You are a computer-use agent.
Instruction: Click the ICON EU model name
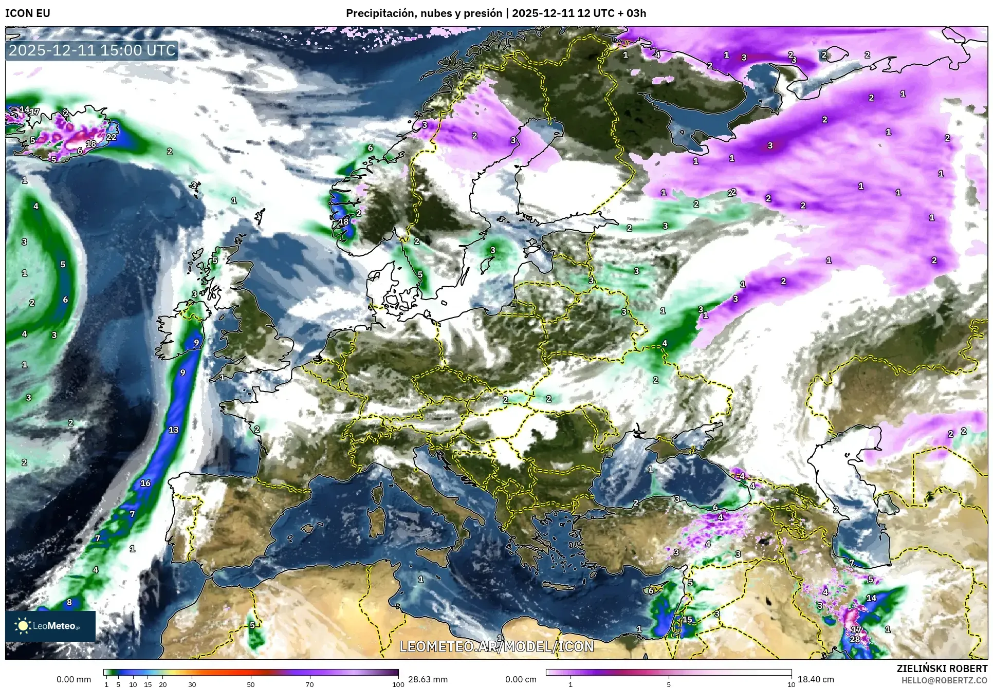click(28, 13)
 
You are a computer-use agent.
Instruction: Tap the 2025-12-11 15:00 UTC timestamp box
click(93, 50)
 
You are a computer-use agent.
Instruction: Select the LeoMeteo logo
click(50, 626)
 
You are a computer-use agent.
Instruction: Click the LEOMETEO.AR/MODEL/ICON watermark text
click(496, 646)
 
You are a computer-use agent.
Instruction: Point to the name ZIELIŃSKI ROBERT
click(942, 668)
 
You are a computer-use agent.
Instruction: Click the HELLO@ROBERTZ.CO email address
click(944, 680)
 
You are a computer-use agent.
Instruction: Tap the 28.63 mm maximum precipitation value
click(428, 679)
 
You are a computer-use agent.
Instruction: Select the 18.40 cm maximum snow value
click(816, 679)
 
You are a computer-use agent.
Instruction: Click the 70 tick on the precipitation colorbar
click(309, 684)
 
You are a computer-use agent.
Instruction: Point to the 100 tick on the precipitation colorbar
click(398, 684)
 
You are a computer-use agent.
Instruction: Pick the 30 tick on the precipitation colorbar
click(192, 684)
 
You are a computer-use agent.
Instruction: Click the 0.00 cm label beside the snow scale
click(521, 679)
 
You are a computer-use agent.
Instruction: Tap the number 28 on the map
click(855, 639)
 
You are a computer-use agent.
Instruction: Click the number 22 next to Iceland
click(111, 137)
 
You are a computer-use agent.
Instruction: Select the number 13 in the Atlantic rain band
click(173, 430)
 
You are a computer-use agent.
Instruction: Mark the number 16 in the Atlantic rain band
click(145, 483)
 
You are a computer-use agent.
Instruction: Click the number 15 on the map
click(687, 620)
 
